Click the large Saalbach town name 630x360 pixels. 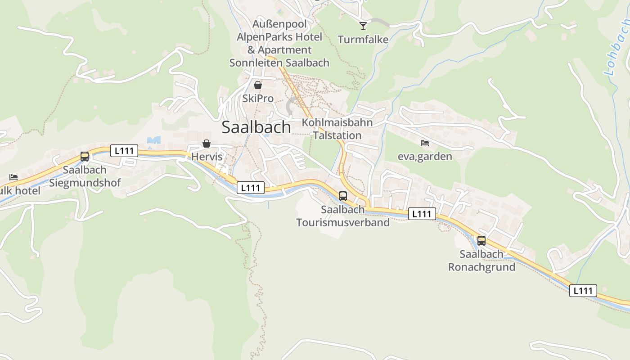click(256, 127)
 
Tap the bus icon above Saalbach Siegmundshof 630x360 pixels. click(85, 157)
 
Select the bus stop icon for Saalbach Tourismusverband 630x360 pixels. click(343, 196)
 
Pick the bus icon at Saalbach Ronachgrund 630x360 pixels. click(481, 241)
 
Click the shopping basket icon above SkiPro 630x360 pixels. click(258, 85)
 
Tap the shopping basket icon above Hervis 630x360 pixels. click(207, 144)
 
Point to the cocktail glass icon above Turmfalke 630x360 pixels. click(363, 26)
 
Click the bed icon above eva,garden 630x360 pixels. click(425, 143)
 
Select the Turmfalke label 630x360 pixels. click(363, 40)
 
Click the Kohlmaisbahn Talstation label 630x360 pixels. click(337, 129)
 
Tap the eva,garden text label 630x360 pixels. click(425, 156)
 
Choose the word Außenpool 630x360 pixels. click(279, 24)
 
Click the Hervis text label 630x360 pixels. click(207, 157)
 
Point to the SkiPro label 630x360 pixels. click(258, 98)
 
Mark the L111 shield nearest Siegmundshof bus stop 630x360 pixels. click(124, 151)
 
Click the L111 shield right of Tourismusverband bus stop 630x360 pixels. click(422, 214)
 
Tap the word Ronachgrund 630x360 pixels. click(481, 267)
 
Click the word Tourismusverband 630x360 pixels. click(343, 222)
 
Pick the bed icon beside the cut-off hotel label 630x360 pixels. click(13, 178)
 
